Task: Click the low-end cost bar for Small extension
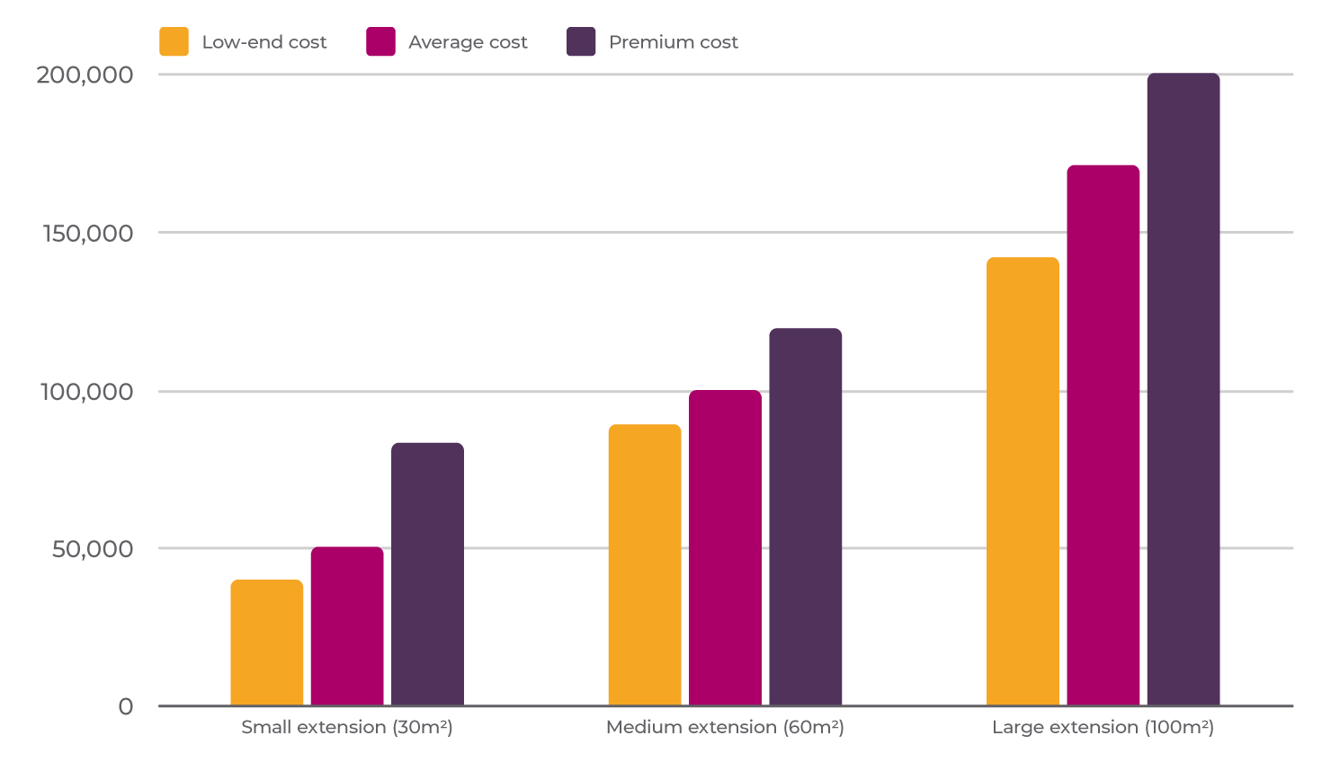[266, 642]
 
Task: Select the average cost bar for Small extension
[347, 626]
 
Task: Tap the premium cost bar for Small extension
[427, 574]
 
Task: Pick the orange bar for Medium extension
[645, 565]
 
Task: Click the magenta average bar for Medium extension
[725, 548]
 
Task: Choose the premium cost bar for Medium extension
[805, 517]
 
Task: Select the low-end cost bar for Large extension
[1023, 482]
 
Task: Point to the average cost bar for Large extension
[1103, 436]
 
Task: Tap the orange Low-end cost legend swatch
[174, 42]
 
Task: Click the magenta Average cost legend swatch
[380, 42]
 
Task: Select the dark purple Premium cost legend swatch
[581, 42]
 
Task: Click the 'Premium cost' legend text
[673, 42]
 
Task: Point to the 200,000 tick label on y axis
[85, 75]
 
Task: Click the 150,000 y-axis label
[87, 233]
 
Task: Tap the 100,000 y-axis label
[86, 392]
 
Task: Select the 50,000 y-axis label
[92, 549]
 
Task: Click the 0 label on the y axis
[126, 707]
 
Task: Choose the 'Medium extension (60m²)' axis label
[725, 727]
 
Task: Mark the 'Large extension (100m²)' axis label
[1103, 727]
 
